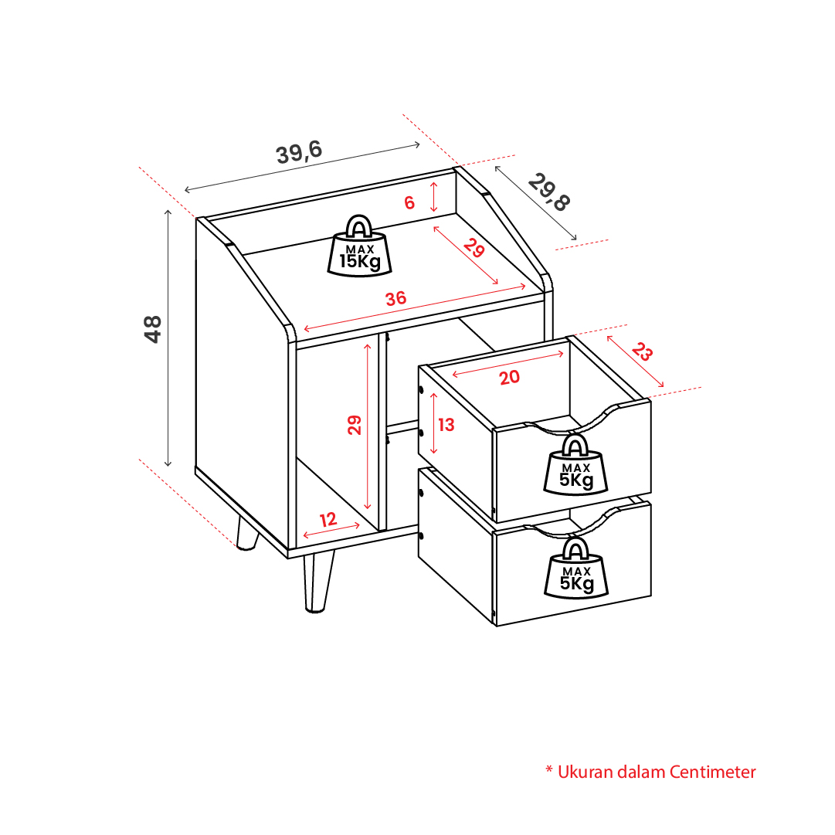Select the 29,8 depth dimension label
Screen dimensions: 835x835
549,192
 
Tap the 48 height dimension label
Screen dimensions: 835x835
152,328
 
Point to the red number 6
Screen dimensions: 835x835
409,202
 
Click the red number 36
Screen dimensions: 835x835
395,298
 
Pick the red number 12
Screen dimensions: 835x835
328,519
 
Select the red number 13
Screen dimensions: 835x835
446,424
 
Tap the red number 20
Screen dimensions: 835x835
509,377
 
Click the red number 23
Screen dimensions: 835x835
642,351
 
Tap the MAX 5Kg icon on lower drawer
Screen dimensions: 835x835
576,568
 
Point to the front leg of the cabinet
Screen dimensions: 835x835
318,582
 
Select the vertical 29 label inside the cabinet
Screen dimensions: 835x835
354,425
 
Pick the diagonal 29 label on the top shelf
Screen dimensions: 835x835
474,248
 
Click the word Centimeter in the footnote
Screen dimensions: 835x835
712,772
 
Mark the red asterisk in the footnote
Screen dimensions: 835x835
549,769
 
